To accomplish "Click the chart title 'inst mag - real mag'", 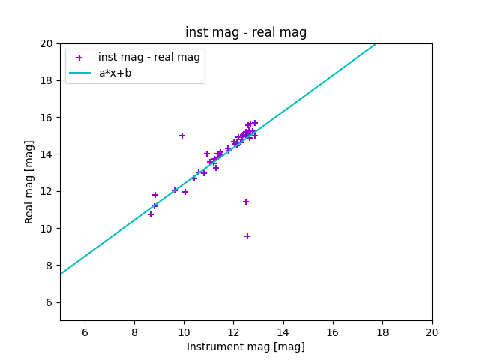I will pos(246,32).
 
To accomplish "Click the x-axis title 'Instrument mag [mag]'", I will pos(246,346).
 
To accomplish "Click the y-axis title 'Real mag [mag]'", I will pos(29,182).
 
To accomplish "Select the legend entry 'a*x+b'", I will pos(115,73).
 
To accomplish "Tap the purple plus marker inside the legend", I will pos(79,58).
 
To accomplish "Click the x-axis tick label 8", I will pos(134,332).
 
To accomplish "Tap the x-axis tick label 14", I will pos(283,332).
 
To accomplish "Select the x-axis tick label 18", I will pos(382,332).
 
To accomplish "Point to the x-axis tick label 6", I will pos(85,332).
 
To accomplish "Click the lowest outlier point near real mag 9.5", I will pos(247,236).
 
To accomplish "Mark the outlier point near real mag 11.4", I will pos(246,202).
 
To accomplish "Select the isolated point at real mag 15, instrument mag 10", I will pos(182,136).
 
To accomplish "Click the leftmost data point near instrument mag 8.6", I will pos(151,214).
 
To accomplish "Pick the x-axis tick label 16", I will pos(333,332).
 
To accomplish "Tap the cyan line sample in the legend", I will pos(79,73).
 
